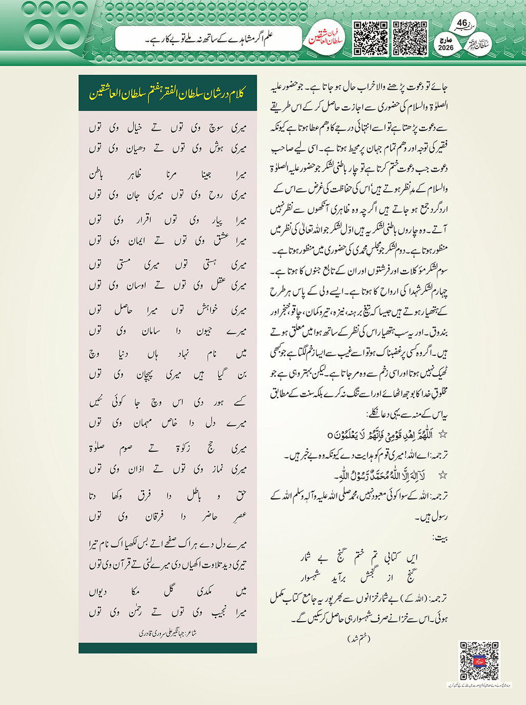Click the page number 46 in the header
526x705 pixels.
click(x=462, y=23)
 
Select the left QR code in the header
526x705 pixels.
click(x=371, y=38)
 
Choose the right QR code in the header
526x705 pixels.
click(x=410, y=38)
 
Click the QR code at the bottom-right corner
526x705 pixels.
click(x=479, y=660)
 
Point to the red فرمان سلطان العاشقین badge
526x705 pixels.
click(x=325, y=39)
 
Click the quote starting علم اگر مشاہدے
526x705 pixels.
click(x=209, y=38)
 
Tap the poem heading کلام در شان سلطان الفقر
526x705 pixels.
click(x=168, y=94)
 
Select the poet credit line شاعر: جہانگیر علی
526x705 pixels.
click(x=168, y=633)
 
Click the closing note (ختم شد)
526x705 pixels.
click(x=358, y=638)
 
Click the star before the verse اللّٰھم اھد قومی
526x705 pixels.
click(x=442, y=435)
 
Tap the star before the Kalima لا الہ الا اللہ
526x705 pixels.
click(x=442, y=476)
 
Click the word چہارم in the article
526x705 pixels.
click(x=437, y=292)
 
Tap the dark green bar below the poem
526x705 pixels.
click(x=168, y=648)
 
